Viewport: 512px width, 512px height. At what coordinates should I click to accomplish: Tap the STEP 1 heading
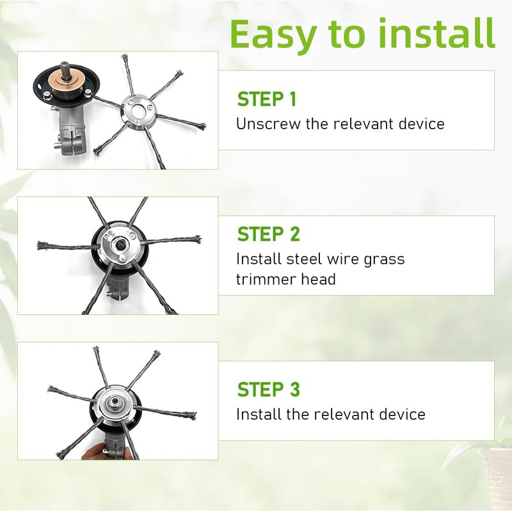point(267,99)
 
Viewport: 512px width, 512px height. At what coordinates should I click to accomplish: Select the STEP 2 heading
point(268,234)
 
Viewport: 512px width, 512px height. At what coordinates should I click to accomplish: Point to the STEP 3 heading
point(268,389)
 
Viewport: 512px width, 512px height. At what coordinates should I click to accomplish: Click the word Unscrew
point(268,124)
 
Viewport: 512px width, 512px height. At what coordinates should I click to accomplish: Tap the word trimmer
point(266,280)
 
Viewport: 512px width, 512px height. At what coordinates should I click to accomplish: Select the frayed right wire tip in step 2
point(196,239)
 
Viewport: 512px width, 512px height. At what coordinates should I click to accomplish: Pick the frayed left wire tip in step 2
point(42,245)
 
